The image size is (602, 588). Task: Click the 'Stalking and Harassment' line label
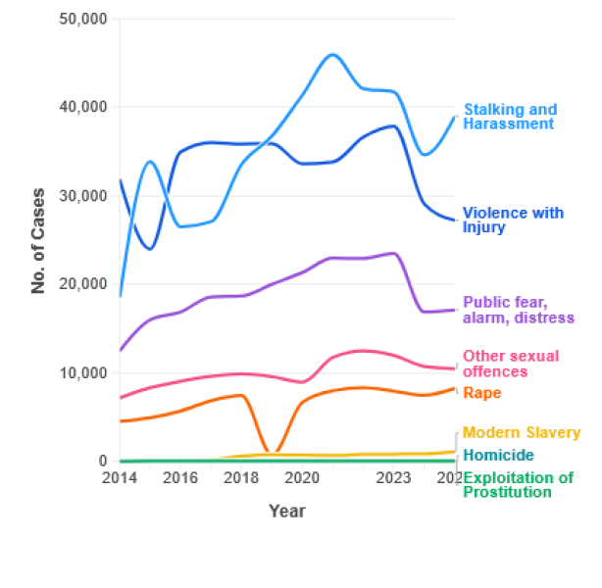pos(509,117)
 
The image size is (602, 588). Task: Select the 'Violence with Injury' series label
pos(513,220)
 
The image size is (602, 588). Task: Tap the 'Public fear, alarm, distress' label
pos(518,310)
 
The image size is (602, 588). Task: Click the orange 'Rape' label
pos(481,393)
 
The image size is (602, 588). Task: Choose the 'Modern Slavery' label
pos(521,432)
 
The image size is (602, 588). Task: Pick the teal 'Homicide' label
pos(498,455)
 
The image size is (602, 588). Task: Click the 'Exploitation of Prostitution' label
pos(517,485)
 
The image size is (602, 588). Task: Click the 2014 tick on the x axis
pos(120,478)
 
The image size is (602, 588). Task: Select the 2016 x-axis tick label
pos(180,478)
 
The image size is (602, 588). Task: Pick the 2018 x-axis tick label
pos(241,478)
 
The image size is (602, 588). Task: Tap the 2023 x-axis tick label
pos(394,478)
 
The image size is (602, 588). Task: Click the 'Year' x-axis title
pos(287,511)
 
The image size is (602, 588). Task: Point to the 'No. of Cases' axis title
pos(39,240)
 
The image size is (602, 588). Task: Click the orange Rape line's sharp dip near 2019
pos(274,453)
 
